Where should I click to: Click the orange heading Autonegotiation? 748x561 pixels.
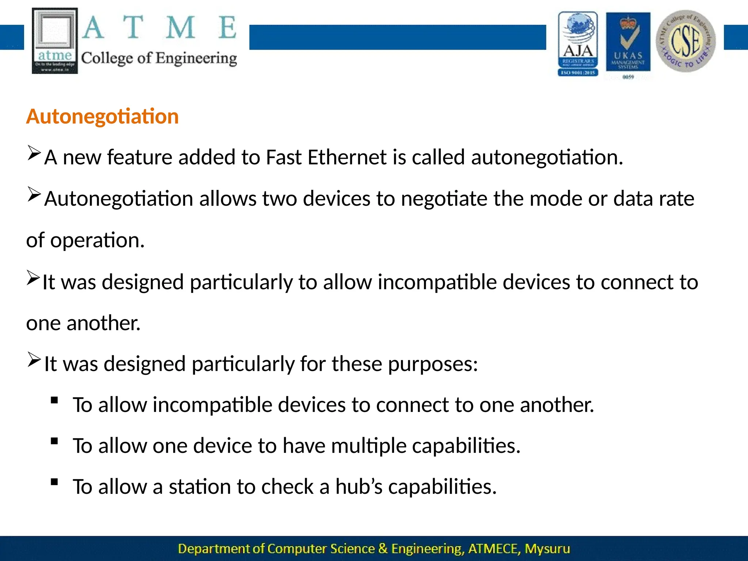102,117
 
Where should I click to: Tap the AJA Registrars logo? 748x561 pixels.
578,44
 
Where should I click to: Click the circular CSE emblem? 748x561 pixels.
686,41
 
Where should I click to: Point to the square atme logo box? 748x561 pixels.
55,41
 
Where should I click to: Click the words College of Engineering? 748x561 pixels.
159,58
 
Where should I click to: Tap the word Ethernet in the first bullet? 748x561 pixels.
347,157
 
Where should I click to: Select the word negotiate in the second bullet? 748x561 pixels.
444,199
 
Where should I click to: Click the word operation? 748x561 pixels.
97,241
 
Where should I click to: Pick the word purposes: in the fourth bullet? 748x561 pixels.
433,364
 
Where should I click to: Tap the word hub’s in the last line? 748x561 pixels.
359,487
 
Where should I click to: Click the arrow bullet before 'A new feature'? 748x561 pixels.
34,153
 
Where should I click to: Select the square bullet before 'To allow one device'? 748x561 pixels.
55,441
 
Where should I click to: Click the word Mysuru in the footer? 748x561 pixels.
547,549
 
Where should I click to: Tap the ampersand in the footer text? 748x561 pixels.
383,549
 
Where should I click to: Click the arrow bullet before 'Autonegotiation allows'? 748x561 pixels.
34,194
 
